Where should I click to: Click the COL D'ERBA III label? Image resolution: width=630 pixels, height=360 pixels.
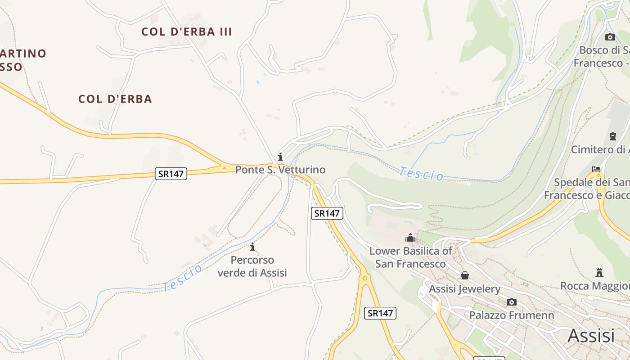click(x=186, y=31)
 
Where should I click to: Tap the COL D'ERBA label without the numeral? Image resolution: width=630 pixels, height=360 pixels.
click(x=115, y=99)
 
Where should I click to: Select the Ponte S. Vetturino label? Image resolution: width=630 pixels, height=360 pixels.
click(x=280, y=170)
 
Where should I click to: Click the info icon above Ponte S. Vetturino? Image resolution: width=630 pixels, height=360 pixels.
click(x=280, y=157)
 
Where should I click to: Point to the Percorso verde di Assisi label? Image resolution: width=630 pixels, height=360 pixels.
click(x=252, y=266)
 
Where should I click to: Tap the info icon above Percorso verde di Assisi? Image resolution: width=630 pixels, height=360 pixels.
click(x=252, y=247)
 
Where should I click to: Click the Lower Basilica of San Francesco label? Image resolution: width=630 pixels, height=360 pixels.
click(x=410, y=257)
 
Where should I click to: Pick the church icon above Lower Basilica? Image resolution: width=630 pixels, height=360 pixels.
click(x=410, y=237)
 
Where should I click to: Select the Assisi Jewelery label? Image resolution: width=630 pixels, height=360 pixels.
click(x=464, y=289)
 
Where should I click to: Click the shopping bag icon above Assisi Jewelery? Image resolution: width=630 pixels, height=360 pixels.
click(x=465, y=275)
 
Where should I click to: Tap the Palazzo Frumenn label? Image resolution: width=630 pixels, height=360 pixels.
click(x=512, y=315)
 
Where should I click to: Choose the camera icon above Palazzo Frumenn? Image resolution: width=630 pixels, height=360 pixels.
click(x=512, y=302)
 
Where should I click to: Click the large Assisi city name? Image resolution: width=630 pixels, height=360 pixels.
click(x=591, y=336)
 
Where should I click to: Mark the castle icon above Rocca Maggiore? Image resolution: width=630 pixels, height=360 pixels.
click(x=599, y=272)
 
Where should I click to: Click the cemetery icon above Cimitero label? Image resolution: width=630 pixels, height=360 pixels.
click(x=612, y=136)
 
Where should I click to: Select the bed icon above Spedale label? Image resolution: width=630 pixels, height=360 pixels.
click(x=596, y=169)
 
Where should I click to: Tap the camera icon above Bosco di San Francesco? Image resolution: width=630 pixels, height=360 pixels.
click(x=610, y=37)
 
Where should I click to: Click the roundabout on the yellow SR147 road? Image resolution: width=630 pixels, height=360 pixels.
click(x=365, y=278)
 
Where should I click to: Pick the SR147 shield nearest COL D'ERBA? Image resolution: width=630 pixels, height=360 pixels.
click(x=171, y=174)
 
